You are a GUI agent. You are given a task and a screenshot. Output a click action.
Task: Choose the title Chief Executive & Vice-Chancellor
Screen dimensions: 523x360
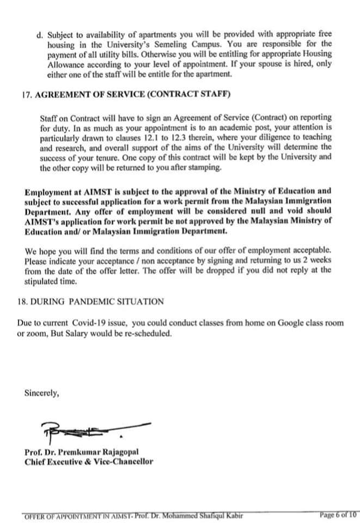(x=89, y=462)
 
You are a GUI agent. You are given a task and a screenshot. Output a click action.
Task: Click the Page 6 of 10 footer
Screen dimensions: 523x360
(x=338, y=514)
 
